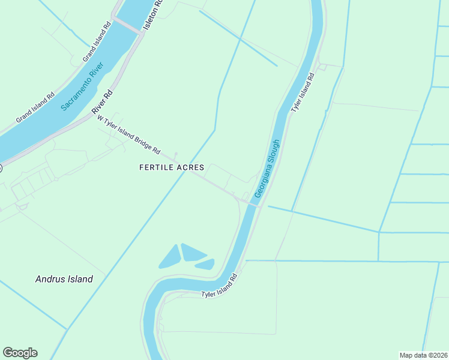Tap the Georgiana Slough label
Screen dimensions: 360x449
pos(268,169)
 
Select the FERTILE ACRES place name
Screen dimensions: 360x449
pos(172,167)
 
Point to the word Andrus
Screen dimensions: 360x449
pos(49,279)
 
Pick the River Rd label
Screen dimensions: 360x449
pos(102,103)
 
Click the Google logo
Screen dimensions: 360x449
pos(20,353)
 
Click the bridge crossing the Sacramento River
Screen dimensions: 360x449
pos(127,26)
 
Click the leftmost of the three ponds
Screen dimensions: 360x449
pos(170,257)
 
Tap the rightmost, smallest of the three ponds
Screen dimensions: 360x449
pos(205,263)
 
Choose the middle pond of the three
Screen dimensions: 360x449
pos(193,253)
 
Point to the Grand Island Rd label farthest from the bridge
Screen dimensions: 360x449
pos(35,107)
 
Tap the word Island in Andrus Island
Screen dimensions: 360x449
pos(79,279)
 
